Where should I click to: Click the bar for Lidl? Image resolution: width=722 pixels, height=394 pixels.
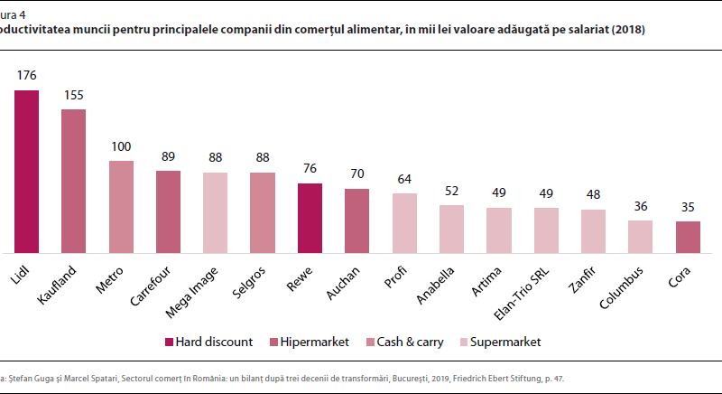tap(26, 171)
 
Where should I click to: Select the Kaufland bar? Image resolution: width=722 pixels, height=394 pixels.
tap(73, 181)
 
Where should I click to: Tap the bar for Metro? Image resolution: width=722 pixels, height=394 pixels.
tap(121, 206)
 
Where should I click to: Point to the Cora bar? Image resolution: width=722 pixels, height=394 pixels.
tap(688, 236)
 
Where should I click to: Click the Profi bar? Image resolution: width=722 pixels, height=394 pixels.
tap(404, 222)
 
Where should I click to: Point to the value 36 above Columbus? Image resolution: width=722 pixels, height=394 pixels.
tap(640, 205)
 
